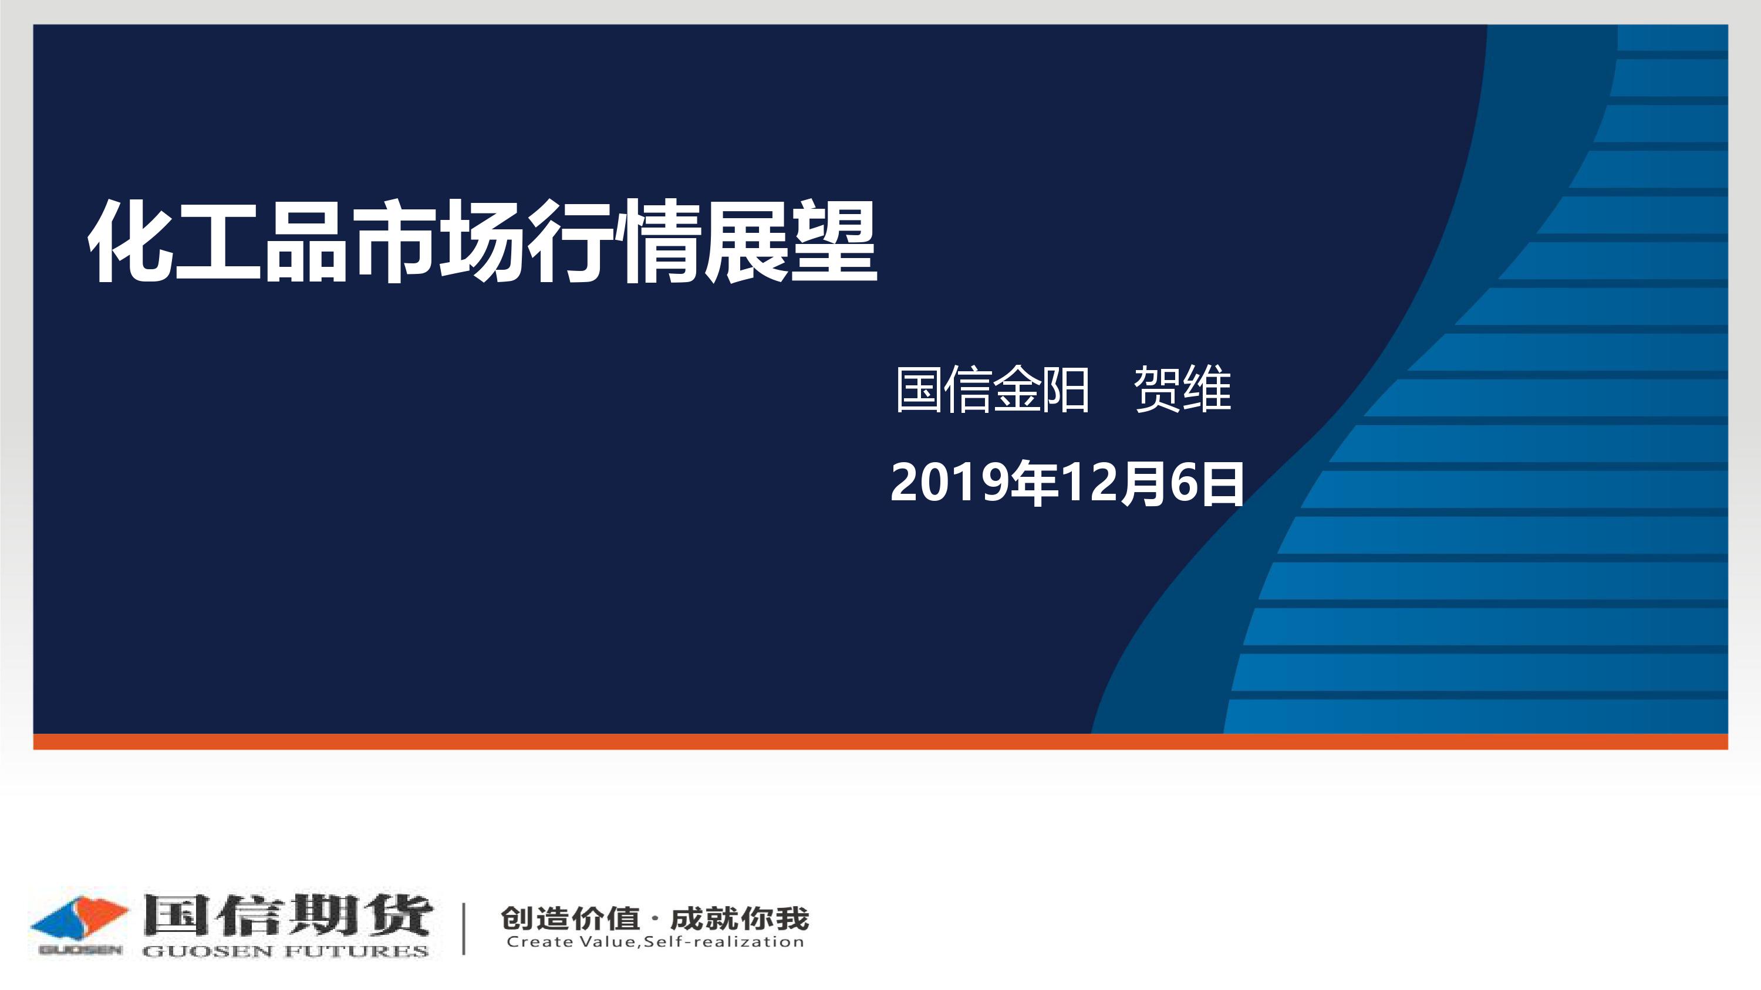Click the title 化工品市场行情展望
483,241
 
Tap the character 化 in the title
130,241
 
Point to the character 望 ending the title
835,241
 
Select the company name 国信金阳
993,389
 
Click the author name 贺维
1183,389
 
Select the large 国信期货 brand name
287,914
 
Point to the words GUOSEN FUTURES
285,951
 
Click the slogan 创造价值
570,919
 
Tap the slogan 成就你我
740,919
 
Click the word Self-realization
724,942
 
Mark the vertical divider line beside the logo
464,928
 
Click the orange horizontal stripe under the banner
880,741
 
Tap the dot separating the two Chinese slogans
655,919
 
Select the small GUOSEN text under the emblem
80,950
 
